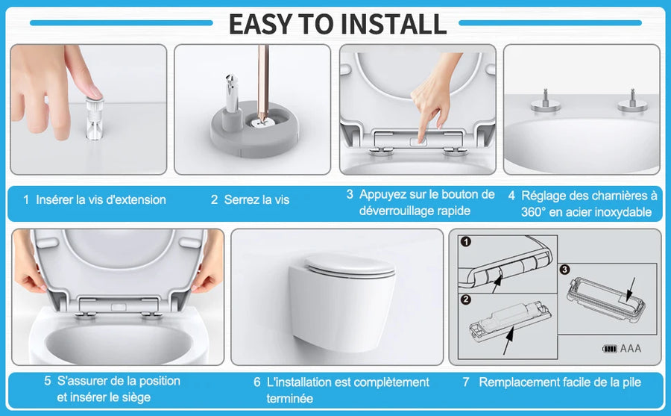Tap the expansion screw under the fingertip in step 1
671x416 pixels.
(94, 118)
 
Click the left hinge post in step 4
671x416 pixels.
(545, 102)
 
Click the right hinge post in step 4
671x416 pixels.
(632, 102)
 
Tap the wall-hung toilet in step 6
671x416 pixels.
(341, 300)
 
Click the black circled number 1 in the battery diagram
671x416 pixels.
(466, 241)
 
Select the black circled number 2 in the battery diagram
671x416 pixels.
(466, 299)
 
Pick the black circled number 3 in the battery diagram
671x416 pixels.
(565, 270)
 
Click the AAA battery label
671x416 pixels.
(630, 348)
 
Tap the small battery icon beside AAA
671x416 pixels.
(610, 349)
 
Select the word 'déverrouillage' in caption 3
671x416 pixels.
(393, 211)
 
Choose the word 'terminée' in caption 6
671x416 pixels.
(290, 398)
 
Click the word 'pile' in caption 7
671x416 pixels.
(631, 382)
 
